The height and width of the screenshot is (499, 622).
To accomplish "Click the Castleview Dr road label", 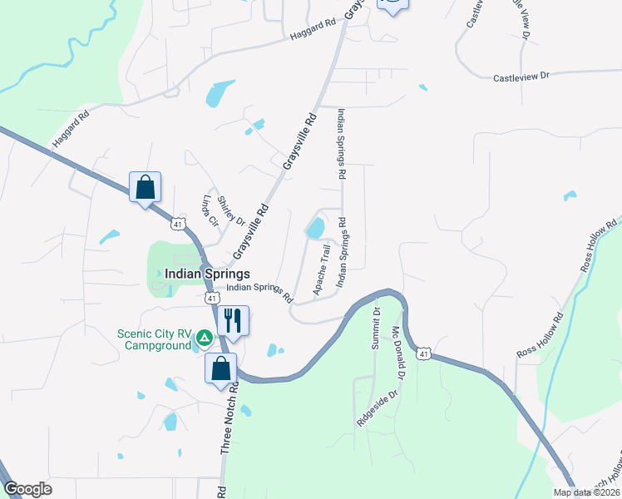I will pyautogui.click(x=521, y=77).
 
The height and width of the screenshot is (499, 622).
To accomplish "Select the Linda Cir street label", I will pyautogui.click(x=209, y=210).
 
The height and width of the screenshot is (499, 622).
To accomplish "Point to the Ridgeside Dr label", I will pyautogui.click(x=372, y=408).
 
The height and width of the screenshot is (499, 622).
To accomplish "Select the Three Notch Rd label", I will pyautogui.click(x=229, y=418).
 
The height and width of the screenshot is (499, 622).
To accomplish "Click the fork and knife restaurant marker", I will pyautogui.click(x=234, y=319).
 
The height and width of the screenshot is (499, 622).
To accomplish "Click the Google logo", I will pyautogui.click(x=27, y=489).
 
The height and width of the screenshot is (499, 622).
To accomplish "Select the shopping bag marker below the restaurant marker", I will pyautogui.click(x=221, y=368).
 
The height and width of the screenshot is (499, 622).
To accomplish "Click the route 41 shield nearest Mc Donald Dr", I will pyautogui.click(x=424, y=353).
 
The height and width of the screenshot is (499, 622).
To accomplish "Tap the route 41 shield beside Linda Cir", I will pyautogui.click(x=178, y=224).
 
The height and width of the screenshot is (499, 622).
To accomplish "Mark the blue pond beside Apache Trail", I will pyautogui.click(x=315, y=228).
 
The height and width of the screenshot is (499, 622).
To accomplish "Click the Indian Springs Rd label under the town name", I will pyautogui.click(x=260, y=292).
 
